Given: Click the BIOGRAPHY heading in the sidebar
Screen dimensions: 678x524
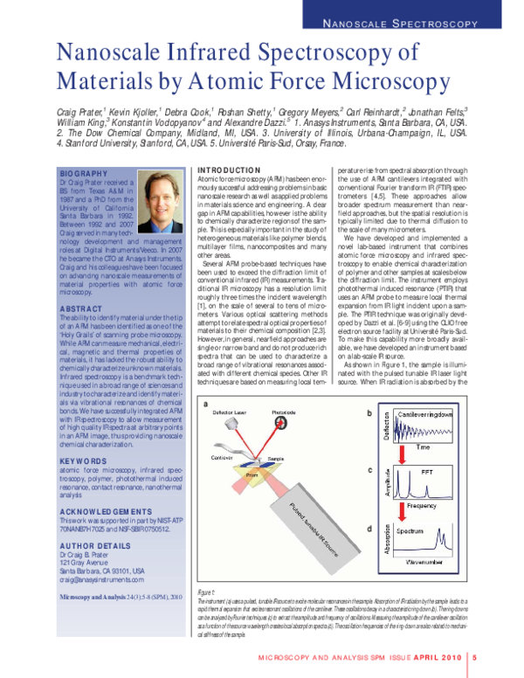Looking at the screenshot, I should tap(83, 175).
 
